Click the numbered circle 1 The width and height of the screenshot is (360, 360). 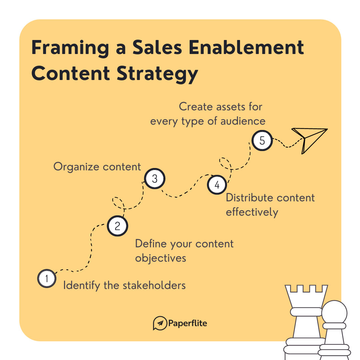pyautogui.click(x=46, y=278)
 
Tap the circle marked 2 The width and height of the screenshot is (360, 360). pyautogui.click(x=117, y=226)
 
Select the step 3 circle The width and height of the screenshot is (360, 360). pyautogui.click(x=155, y=179)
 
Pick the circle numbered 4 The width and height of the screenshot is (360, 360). pyautogui.click(x=217, y=185)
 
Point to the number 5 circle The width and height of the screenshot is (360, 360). pyautogui.click(x=262, y=140)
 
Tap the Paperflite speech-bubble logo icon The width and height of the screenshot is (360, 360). pyautogui.click(x=160, y=323)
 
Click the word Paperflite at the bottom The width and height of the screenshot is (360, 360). pyautogui.click(x=188, y=323)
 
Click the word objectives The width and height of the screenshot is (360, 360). pyautogui.click(x=160, y=258)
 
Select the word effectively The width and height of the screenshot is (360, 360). pyautogui.click(x=252, y=212)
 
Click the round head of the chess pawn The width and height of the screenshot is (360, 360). pyautogui.click(x=334, y=312)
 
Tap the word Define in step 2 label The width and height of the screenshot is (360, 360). pyautogui.click(x=151, y=244)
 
